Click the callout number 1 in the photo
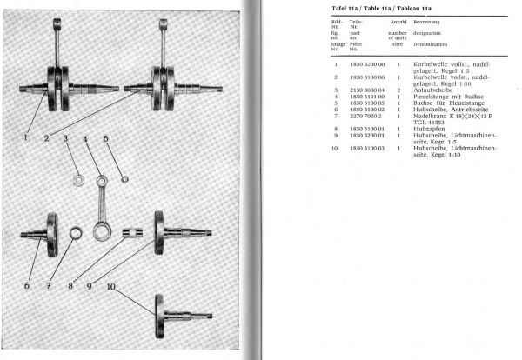(26, 137)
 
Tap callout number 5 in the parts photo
(106, 138)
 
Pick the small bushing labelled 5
(124, 180)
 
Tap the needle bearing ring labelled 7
(75, 233)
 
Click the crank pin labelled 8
(132, 233)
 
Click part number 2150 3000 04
(364, 90)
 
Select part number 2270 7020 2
(364, 115)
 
